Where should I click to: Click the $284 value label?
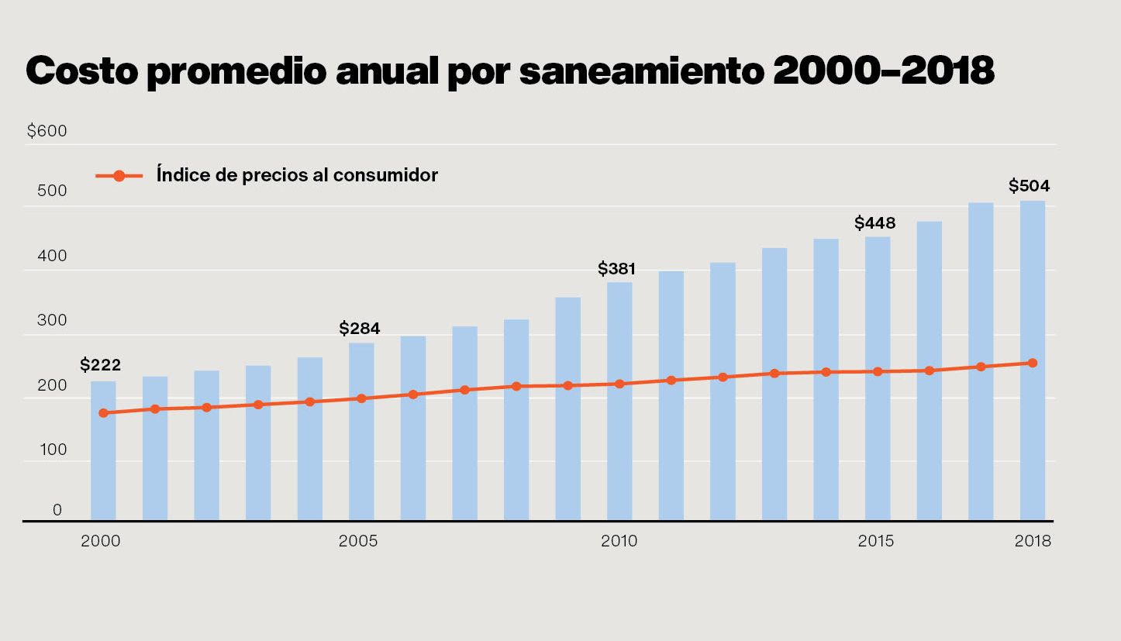click(x=360, y=329)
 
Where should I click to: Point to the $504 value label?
click(x=1029, y=186)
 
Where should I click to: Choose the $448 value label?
click(x=875, y=223)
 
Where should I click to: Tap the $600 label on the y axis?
click(x=47, y=131)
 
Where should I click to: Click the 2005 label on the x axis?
click(x=358, y=541)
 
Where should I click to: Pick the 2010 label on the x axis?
click(x=619, y=541)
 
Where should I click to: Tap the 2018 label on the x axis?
click(x=1033, y=541)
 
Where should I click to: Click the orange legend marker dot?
click(x=119, y=176)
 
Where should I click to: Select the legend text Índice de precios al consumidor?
click(x=297, y=175)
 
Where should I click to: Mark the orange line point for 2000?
click(x=103, y=413)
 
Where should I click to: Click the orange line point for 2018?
click(x=1033, y=363)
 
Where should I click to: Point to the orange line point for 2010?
click(x=619, y=384)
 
